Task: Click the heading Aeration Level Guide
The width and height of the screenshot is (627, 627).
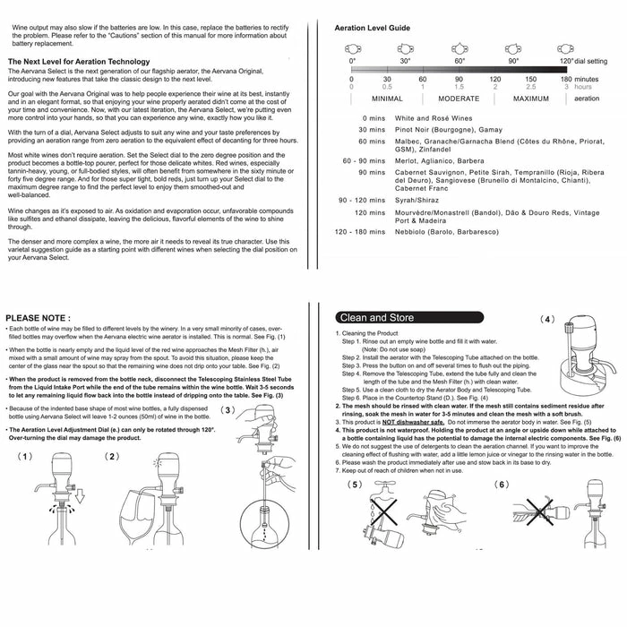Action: tap(372, 29)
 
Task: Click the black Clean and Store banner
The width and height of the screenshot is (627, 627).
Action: tap(376, 317)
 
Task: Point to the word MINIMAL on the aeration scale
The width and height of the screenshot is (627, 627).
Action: tap(386, 99)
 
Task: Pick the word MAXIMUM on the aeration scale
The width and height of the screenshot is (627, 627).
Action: tap(530, 99)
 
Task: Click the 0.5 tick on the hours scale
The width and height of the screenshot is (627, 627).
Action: tap(387, 87)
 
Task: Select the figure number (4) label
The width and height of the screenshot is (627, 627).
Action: tap(548, 319)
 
